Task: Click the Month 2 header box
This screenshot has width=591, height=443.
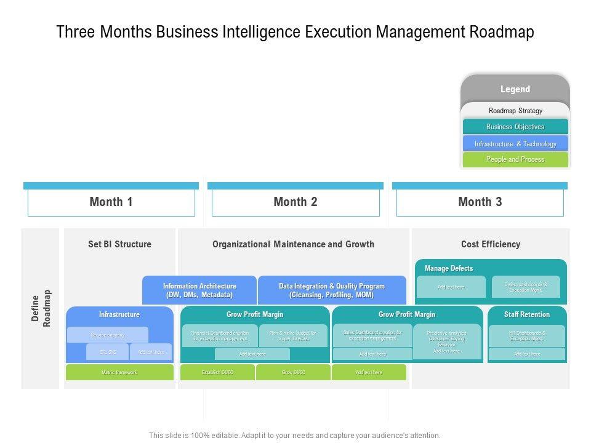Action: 295,202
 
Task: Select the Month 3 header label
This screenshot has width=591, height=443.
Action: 480,202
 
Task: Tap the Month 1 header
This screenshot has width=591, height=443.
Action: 111,202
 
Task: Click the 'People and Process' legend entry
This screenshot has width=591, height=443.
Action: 515,159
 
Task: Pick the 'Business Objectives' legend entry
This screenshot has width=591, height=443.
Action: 515,127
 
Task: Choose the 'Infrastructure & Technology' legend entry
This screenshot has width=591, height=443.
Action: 515,143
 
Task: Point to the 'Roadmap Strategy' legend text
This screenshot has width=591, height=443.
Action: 515,111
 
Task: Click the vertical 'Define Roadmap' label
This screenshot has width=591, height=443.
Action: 41,308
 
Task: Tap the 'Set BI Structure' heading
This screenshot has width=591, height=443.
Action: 119,244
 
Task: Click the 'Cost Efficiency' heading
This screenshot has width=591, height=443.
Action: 491,244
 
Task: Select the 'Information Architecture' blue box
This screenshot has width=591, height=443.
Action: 199,290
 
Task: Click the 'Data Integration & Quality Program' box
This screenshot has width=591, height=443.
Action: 332,290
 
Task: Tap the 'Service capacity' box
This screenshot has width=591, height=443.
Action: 108,335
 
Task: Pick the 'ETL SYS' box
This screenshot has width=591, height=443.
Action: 108,352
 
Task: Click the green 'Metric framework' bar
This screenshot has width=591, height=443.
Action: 119,372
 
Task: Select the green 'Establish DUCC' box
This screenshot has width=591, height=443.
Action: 218,372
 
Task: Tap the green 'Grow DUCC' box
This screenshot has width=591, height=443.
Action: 293,372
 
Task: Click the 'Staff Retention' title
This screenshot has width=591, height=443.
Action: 527,314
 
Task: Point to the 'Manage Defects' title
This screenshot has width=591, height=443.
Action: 449,268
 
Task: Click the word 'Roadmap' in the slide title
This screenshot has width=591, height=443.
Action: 501,32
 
